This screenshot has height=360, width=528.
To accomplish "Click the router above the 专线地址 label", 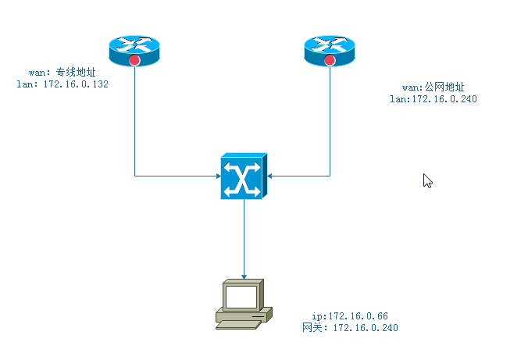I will pos(134,48).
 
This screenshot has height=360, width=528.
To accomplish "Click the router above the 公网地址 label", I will pos(329,48).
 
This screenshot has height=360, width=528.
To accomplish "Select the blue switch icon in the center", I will pos(244,176).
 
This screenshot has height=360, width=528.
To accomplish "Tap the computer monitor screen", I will pos(241,297).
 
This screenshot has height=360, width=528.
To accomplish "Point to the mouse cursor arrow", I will pos(426,180).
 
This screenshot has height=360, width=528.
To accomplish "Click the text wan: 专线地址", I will pos(62,73).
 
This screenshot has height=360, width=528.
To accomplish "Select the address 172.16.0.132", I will pos(76,84).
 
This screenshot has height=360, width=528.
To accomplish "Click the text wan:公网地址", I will pos(433,87).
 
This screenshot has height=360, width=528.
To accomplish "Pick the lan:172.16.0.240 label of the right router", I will pos(433,99).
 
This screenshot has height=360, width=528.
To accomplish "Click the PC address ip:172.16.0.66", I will pos(350,316).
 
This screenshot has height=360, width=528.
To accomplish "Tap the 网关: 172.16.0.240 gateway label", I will pos(350,328).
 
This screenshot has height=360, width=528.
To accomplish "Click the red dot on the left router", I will pos(134,60).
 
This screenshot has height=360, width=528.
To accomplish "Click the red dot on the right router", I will pos(329,60).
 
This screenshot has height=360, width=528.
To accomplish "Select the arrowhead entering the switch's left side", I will pos(218,176).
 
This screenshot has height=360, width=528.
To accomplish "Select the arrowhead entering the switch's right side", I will pos(270,176).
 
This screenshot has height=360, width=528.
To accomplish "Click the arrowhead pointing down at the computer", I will pos(244,276).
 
